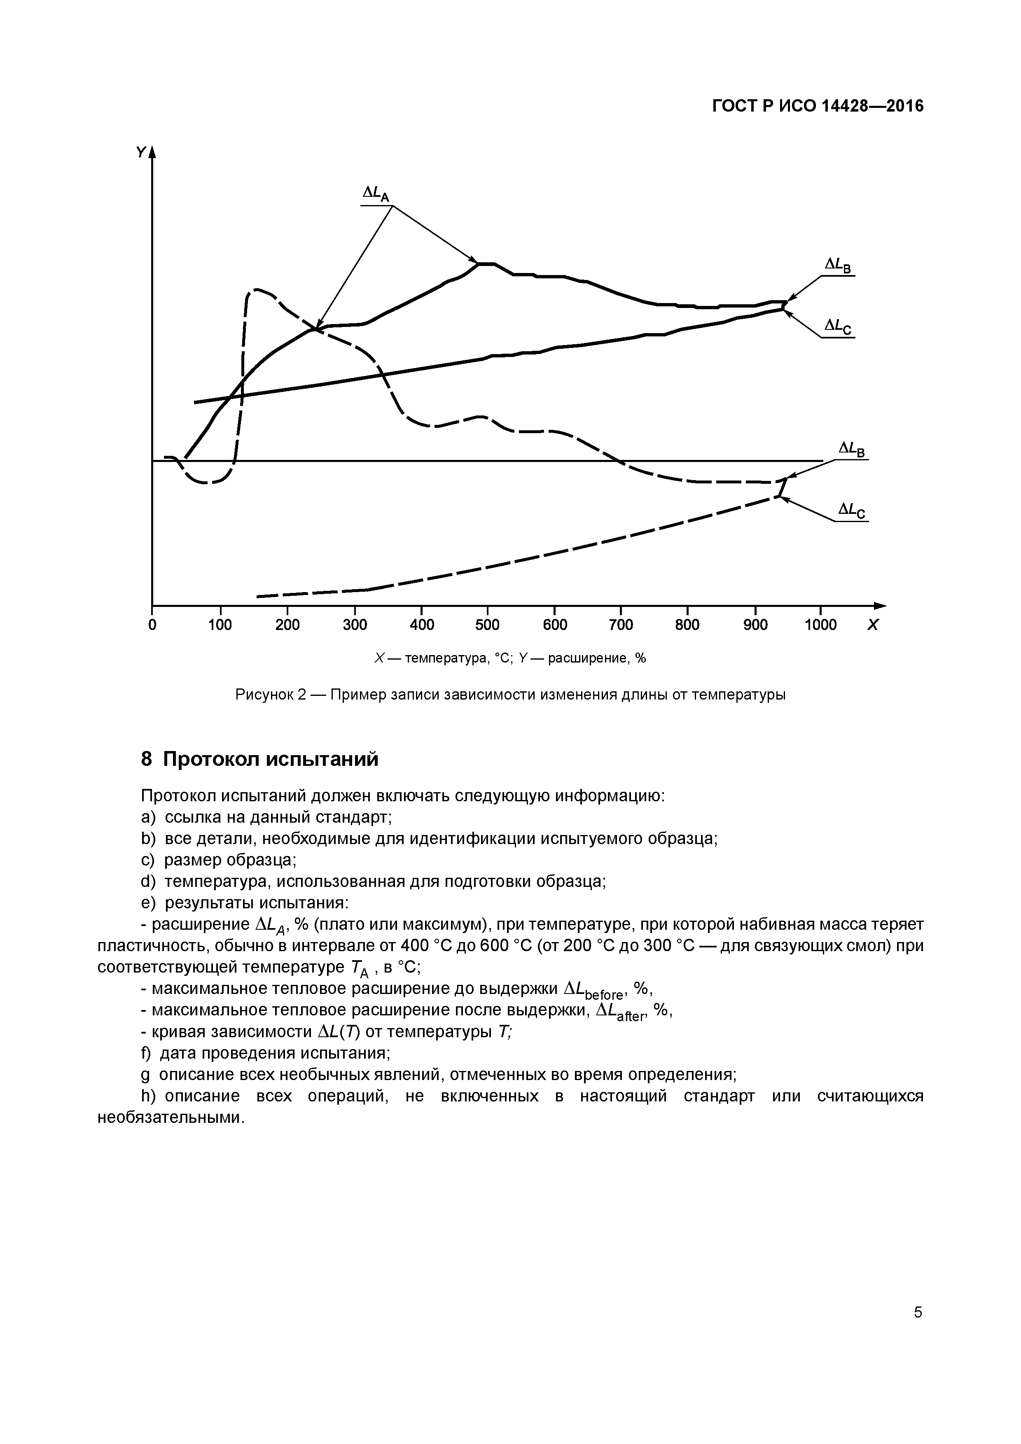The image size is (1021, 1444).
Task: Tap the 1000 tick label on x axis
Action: tap(820, 625)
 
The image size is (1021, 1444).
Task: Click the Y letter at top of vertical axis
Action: tap(141, 152)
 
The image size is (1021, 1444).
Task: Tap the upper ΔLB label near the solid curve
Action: tap(838, 266)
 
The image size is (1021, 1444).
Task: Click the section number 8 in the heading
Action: tap(147, 760)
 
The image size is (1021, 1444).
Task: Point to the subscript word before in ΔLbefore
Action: tap(604, 994)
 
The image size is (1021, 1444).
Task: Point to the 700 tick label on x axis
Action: tap(621, 625)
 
